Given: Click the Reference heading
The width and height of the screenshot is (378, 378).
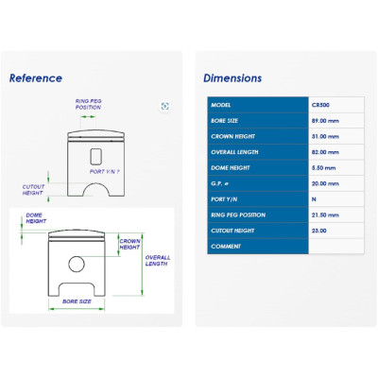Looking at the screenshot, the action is click(36, 78).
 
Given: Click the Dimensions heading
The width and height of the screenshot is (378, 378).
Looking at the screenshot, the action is click(232, 78).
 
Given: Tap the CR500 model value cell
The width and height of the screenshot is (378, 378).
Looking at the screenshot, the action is click(320, 105).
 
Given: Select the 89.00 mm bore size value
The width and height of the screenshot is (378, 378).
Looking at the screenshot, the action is click(325, 121).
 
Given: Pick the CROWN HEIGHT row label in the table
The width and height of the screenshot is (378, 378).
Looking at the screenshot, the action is click(232, 136).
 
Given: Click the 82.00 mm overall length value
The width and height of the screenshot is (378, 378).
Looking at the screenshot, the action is click(325, 152).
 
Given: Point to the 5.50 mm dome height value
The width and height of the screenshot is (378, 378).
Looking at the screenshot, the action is click(323, 168).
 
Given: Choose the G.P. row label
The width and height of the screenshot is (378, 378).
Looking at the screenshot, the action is click(219, 183).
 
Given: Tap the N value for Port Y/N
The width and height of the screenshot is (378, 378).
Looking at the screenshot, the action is click(314, 199).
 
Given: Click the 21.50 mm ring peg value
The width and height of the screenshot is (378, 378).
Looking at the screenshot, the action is click(325, 215).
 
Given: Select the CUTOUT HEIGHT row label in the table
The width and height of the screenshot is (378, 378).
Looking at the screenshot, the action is click(232, 231).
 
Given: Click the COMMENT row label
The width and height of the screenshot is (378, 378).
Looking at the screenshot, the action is click(226, 247).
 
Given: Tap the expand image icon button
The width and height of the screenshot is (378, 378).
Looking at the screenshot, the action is click(164, 106).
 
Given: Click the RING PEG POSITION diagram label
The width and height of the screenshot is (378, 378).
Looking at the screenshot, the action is click(88, 104).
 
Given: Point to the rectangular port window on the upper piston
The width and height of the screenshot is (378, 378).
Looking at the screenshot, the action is click(95, 157).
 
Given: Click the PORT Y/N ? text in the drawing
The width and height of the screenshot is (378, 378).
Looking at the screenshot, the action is click(104, 172).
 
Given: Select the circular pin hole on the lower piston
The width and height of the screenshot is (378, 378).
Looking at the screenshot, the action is click(77, 264).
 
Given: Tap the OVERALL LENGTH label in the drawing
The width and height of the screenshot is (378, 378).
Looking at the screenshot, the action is click(158, 261).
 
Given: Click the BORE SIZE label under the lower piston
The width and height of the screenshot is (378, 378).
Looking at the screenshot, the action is click(77, 301).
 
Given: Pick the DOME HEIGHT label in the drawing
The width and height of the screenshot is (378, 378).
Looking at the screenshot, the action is click(36, 218).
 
